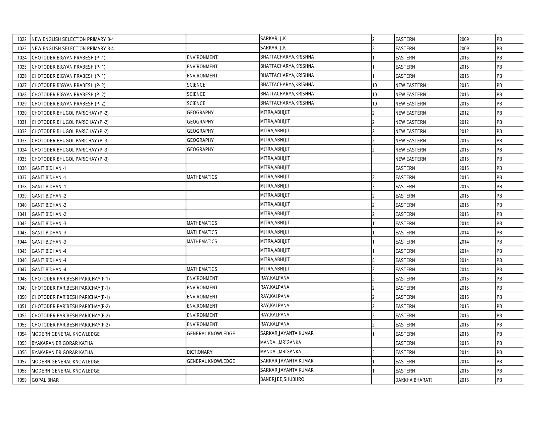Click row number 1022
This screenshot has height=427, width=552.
tap(22, 39)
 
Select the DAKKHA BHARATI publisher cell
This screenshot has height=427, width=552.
tap(413, 380)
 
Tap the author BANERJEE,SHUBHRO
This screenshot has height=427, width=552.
tap(282, 379)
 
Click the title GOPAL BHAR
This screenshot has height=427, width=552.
tap(45, 380)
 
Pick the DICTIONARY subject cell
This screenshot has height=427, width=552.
tap(199, 352)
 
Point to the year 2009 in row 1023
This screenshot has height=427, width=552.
tap(464, 48)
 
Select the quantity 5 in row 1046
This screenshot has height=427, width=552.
tap(374, 260)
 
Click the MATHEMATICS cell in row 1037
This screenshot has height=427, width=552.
tap(202, 177)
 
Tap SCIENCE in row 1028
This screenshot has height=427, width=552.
tap(196, 94)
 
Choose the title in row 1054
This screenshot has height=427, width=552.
tap(66, 334)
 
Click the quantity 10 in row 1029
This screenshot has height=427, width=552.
tap(375, 104)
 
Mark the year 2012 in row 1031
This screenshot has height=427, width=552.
tap(464, 122)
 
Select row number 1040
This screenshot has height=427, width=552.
tap(22, 205)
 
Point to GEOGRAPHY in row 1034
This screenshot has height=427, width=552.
tap(200, 149)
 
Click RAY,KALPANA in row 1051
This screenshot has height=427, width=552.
tap(275, 306)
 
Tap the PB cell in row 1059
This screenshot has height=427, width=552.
tap(499, 380)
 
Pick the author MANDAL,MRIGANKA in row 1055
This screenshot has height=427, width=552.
tap(281, 343)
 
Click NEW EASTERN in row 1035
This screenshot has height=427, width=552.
tap(410, 159)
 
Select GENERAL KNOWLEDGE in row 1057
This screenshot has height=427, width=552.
tap(211, 361)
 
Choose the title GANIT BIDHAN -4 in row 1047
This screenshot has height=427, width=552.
tap(49, 270)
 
